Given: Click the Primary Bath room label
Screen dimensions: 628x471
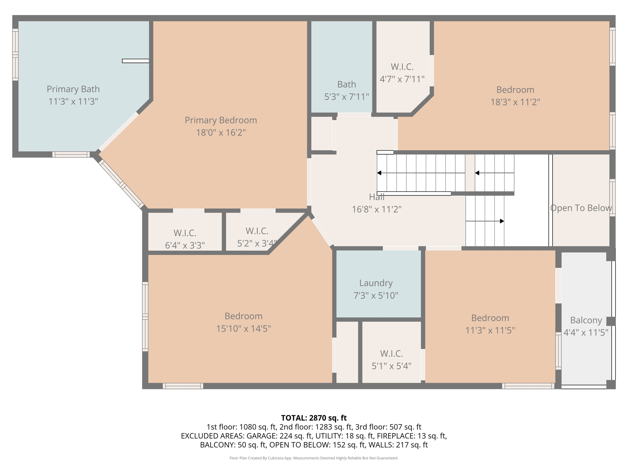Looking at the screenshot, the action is point(73,89).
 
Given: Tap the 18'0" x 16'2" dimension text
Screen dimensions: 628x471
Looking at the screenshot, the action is point(221,132).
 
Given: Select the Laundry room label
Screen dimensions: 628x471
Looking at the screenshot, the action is point(376,283).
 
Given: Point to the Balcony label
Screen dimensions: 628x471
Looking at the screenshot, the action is point(586,320).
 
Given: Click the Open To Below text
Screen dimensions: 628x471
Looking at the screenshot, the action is point(581,208).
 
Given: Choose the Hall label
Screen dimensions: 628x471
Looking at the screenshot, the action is point(377,197).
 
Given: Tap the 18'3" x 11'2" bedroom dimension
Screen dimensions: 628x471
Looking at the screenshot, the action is point(515,102).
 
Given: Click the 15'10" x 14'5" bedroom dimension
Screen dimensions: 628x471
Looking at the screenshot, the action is point(243,329).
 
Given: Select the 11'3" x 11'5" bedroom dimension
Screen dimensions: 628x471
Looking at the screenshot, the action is point(490,330).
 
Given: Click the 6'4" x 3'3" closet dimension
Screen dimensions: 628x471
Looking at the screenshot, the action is point(185,245).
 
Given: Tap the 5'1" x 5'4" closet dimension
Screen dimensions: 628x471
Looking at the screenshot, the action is point(392,366).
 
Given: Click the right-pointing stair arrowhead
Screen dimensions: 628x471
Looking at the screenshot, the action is point(502,221).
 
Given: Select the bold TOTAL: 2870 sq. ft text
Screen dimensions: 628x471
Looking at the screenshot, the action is point(314,418).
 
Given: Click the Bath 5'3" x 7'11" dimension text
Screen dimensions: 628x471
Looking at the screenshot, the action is point(347,97).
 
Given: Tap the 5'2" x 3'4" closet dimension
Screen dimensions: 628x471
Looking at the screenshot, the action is point(257,243).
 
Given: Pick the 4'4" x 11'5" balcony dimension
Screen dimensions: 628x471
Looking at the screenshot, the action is point(586,332).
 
